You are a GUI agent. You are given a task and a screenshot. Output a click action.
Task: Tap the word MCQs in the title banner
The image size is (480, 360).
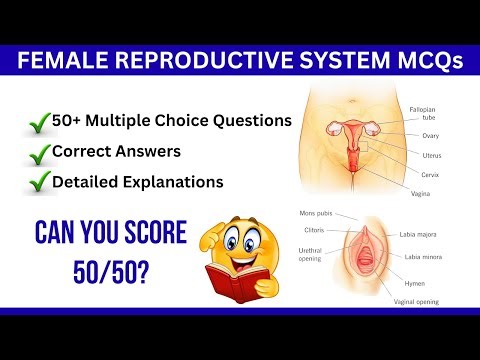(419, 61)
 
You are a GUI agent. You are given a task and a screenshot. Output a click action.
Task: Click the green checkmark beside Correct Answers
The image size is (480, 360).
(41, 154)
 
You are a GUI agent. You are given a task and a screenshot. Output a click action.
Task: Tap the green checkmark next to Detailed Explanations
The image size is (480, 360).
(41, 183)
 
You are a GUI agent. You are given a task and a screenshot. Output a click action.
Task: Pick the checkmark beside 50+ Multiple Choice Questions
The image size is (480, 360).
(41, 124)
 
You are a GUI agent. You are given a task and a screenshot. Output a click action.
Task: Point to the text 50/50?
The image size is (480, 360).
(109, 271)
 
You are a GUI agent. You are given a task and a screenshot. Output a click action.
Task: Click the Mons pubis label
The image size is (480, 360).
(319, 215)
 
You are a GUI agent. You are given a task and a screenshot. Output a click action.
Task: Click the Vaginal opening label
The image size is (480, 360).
(417, 301)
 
